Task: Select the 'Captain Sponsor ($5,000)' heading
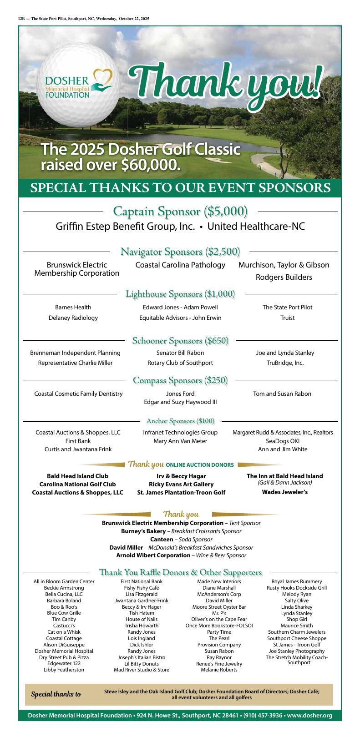tap(180, 212)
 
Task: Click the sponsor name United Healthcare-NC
tap(256, 227)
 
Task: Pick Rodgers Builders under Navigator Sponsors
tap(284, 278)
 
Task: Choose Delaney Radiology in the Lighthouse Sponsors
tap(73, 318)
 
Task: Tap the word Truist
tap(287, 318)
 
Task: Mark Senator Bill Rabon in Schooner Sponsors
tap(180, 353)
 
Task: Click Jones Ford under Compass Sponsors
tap(180, 394)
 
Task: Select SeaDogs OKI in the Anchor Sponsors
tap(282, 441)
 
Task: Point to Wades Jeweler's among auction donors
tap(284, 492)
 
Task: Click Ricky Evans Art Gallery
tap(181, 484)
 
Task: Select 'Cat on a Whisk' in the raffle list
tap(64, 632)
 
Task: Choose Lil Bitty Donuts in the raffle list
tap(141, 664)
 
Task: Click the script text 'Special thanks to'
tap(56, 695)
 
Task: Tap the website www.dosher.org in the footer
tap(309, 716)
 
